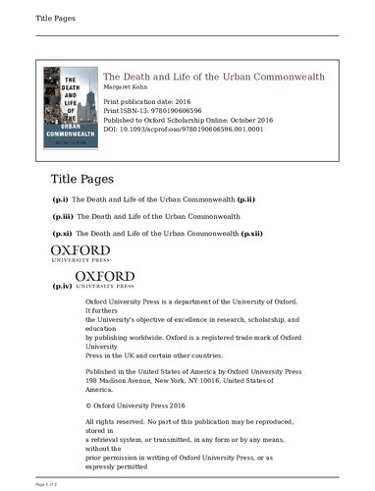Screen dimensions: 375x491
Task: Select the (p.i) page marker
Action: coord(60,198)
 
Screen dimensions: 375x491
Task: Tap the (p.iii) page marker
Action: coord(63,216)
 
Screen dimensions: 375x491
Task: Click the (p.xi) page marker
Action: coord(62,235)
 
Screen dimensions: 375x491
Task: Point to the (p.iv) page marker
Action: coord(62,285)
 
